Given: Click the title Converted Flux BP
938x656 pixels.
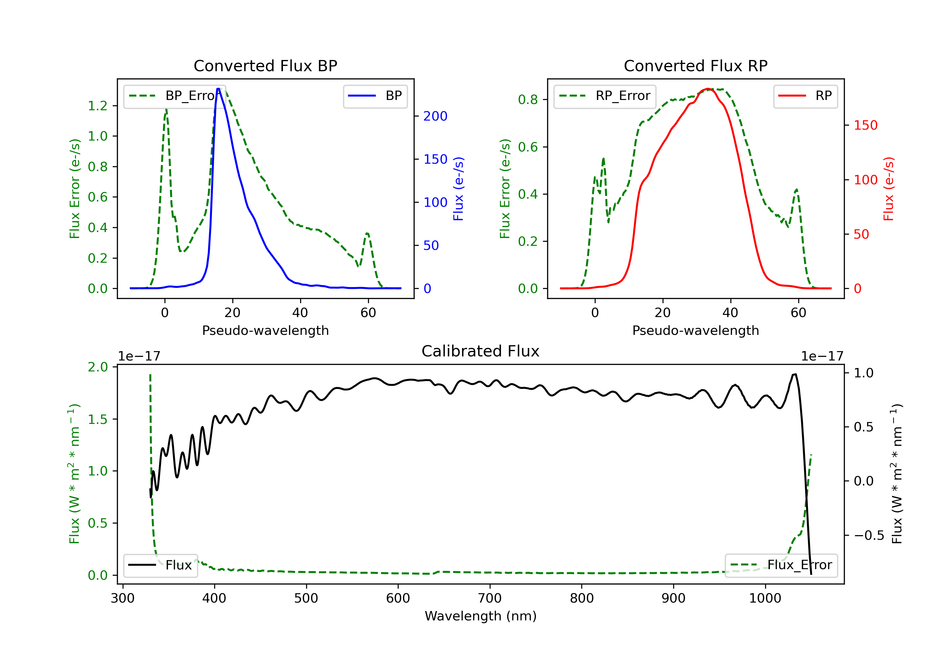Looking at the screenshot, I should pos(265,66).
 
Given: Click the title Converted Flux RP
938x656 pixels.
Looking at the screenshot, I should pos(695,66).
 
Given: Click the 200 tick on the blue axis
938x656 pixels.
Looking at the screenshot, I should pos(435,116).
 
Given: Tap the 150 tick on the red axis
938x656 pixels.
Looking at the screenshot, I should pos(865,125).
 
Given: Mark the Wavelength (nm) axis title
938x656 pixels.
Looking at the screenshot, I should pos(481,616).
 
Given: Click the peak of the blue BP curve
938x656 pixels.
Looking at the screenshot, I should pos(218,89).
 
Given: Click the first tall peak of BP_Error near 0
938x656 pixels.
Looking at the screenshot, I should pos(166,109).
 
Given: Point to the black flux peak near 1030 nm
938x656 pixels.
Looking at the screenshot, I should pos(794,374).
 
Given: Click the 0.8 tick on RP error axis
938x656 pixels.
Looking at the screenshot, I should pos(528,100).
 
